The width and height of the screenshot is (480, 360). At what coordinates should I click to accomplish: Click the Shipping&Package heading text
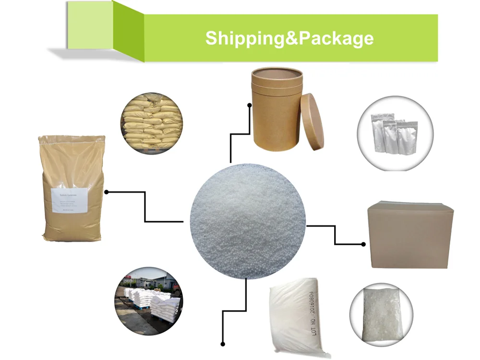[x=289, y=38]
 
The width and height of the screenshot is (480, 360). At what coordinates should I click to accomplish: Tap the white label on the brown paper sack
[x=70, y=201]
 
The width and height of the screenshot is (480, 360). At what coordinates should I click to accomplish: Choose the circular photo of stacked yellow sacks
[x=151, y=123]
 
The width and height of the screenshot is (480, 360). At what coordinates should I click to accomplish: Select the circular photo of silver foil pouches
[x=395, y=133]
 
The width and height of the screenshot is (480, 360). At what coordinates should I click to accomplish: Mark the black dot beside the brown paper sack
[x=107, y=192]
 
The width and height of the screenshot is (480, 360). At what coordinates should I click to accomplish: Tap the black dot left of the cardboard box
[x=363, y=244]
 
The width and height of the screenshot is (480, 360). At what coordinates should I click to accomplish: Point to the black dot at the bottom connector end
[x=223, y=344]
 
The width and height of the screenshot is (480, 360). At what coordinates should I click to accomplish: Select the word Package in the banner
[x=336, y=38]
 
